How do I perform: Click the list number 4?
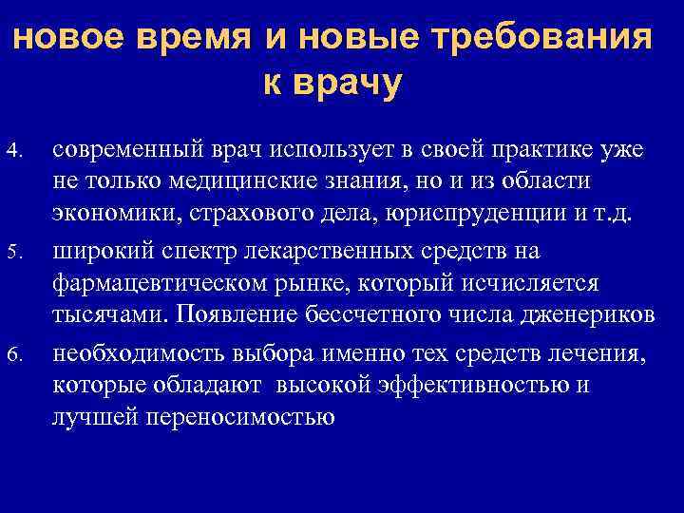13,151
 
